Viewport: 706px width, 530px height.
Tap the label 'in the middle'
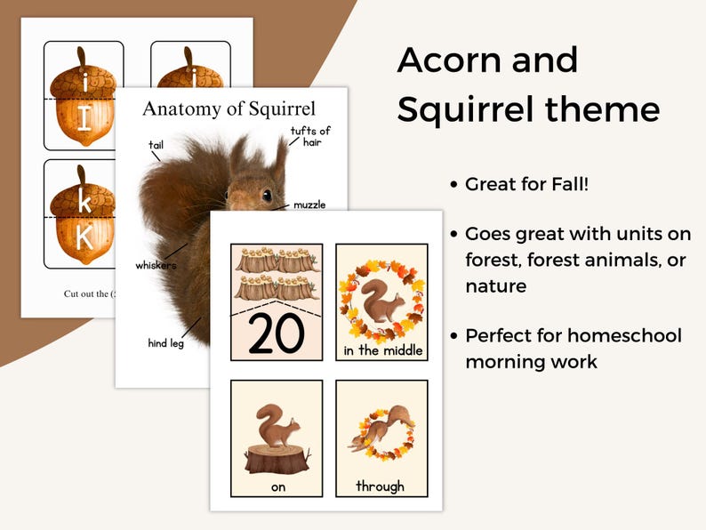381,350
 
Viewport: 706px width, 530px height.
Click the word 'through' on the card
381,486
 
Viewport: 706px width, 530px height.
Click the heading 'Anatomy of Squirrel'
229,109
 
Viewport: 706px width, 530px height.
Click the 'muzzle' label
310,205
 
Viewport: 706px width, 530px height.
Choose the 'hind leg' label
166,342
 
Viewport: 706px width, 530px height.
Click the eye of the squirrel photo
266,195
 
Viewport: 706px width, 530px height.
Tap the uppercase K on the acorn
84,237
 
